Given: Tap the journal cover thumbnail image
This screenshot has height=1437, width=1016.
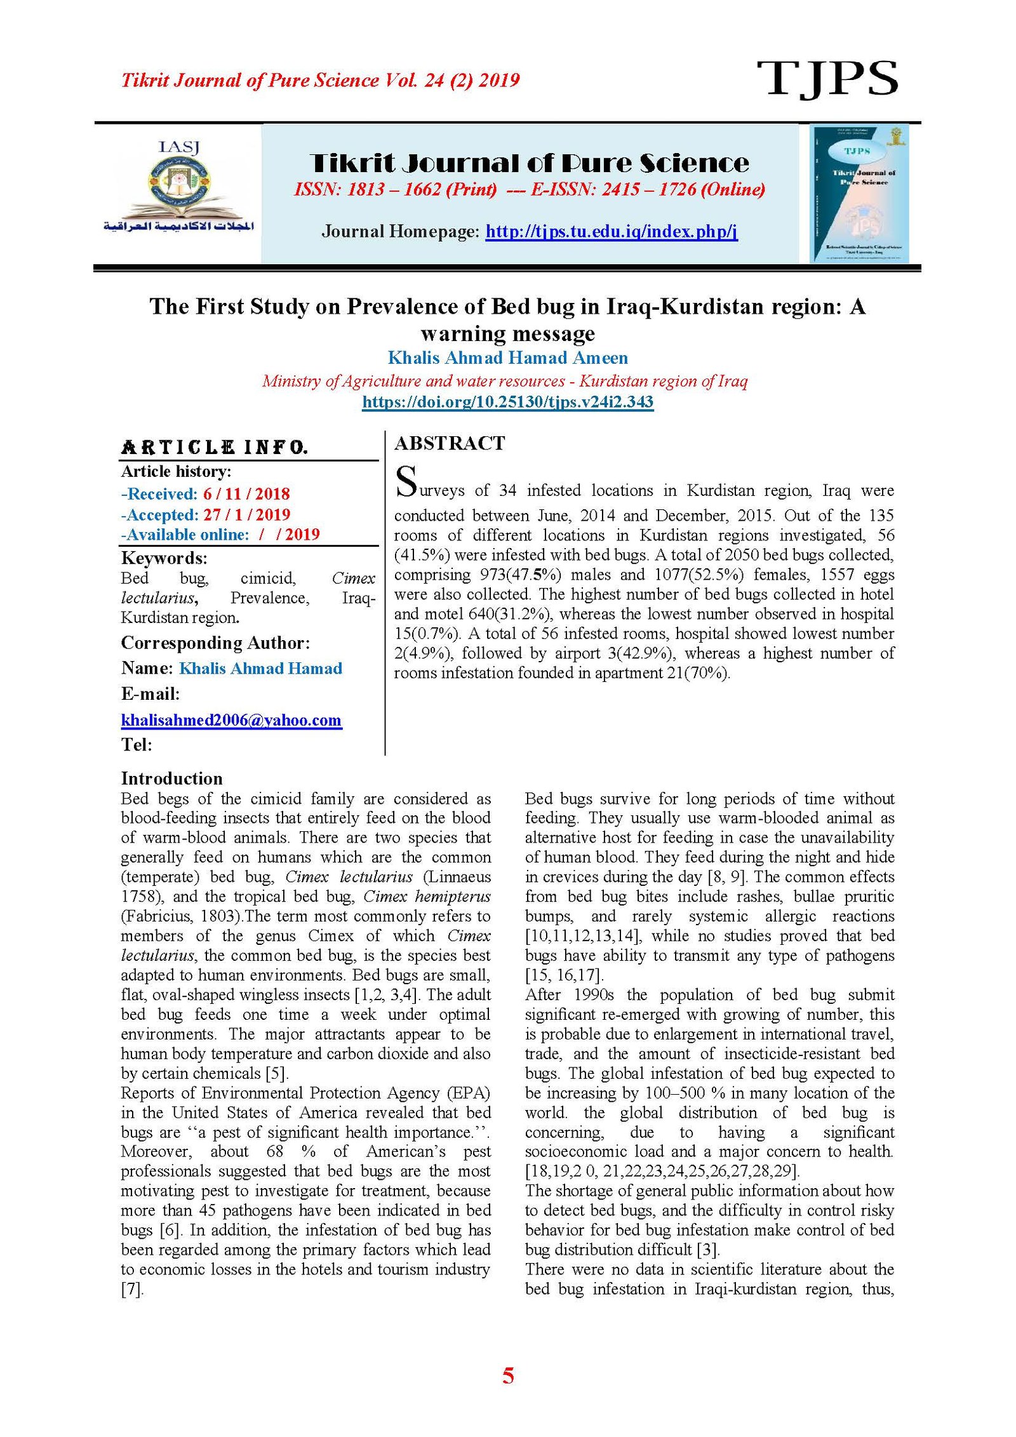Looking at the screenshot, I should (859, 194).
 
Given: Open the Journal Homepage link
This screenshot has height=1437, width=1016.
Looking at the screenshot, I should (611, 231).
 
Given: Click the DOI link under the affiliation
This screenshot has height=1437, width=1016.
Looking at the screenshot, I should (507, 402).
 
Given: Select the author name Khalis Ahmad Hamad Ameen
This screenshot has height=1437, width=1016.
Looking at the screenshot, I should (507, 358).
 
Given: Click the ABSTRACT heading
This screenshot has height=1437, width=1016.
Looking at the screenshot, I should (450, 443).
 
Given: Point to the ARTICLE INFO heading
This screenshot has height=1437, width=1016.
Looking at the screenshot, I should (214, 448).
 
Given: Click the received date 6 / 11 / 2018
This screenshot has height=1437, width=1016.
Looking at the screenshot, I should (246, 494).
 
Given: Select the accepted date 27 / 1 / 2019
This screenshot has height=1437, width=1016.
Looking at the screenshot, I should (246, 514).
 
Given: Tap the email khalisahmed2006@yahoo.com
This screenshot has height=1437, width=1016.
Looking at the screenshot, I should (231, 720).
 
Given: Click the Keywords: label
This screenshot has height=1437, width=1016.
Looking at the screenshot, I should (164, 558).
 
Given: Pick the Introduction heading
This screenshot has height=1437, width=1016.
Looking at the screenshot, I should (171, 779).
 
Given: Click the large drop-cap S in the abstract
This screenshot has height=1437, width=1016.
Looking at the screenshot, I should (406, 482).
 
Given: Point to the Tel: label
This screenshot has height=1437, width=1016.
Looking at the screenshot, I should (137, 745).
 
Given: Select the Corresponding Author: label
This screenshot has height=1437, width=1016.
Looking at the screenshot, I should (215, 643).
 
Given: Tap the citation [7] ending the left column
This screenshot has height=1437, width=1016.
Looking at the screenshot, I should (132, 1289).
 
